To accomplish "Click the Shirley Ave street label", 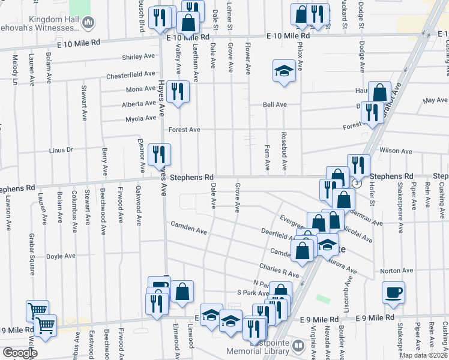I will click(138, 57).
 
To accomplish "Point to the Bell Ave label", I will click(275, 104).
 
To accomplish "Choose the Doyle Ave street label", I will click(61, 256).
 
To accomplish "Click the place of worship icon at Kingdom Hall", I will click(88, 23).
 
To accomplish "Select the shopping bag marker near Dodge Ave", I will click(379, 92).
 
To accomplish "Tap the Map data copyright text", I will click(424, 355).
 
